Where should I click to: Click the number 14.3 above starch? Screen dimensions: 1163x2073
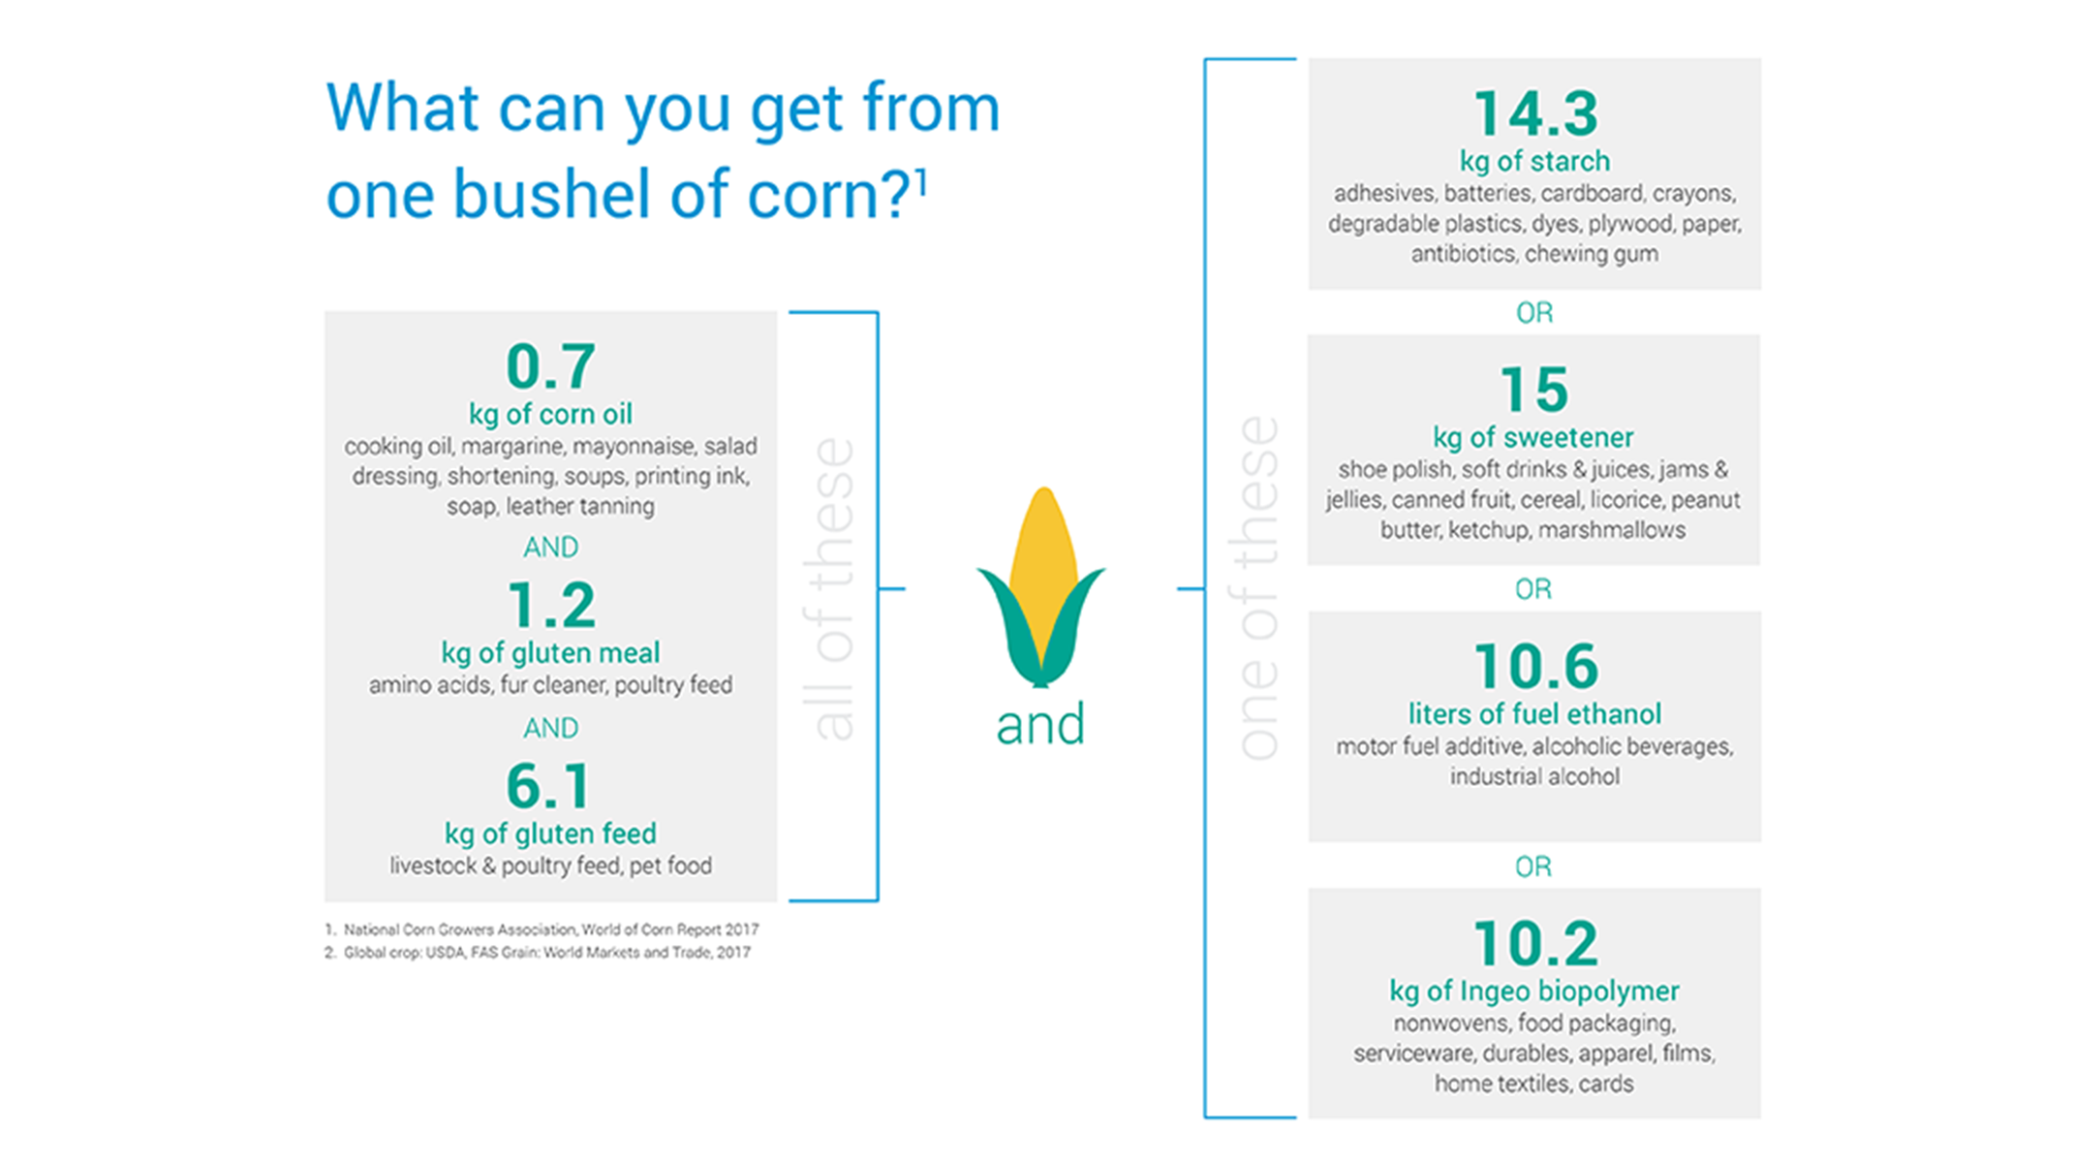tap(1535, 114)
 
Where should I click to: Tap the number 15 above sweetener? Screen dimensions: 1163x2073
tap(1533, 390)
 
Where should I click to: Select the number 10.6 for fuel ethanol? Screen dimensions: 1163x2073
tap(1535, 667)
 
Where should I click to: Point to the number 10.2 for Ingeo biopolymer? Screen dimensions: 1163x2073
tap(1535, 943)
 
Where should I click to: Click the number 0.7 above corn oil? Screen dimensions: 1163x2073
tap(550, 366)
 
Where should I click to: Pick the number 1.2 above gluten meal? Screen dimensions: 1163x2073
tap(550, 606)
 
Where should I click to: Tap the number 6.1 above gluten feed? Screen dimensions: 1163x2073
tap(548, 786)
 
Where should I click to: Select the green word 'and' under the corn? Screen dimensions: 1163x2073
tap(1040, 725)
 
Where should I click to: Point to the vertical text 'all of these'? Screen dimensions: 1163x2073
tap(833, 588)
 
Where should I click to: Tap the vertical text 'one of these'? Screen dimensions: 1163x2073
tap(1258, 588)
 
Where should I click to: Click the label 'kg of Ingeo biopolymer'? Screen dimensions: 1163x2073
tap(1533, 990)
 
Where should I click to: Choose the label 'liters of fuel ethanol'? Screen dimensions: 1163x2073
tap(1534, 714)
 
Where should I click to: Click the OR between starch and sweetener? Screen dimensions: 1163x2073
tap(1533, 313)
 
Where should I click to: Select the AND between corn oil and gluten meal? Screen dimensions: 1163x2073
tap(550, 548)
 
